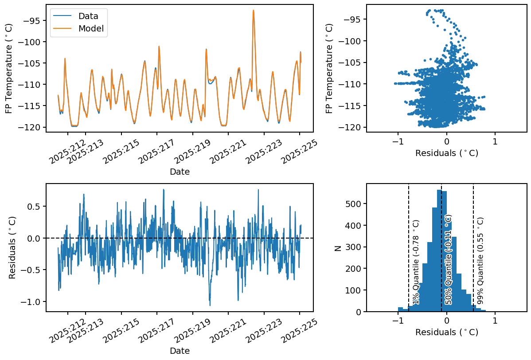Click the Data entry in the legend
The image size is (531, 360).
(88, 16)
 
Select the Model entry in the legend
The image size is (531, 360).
(90, 28)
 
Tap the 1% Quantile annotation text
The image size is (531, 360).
(416, 262)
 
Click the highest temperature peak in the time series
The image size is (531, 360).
(254, 11)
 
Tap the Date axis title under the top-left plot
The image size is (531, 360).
(180, 172)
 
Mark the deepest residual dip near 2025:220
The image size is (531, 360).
(210, 305)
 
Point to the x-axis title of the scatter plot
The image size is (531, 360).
(446, 153)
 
